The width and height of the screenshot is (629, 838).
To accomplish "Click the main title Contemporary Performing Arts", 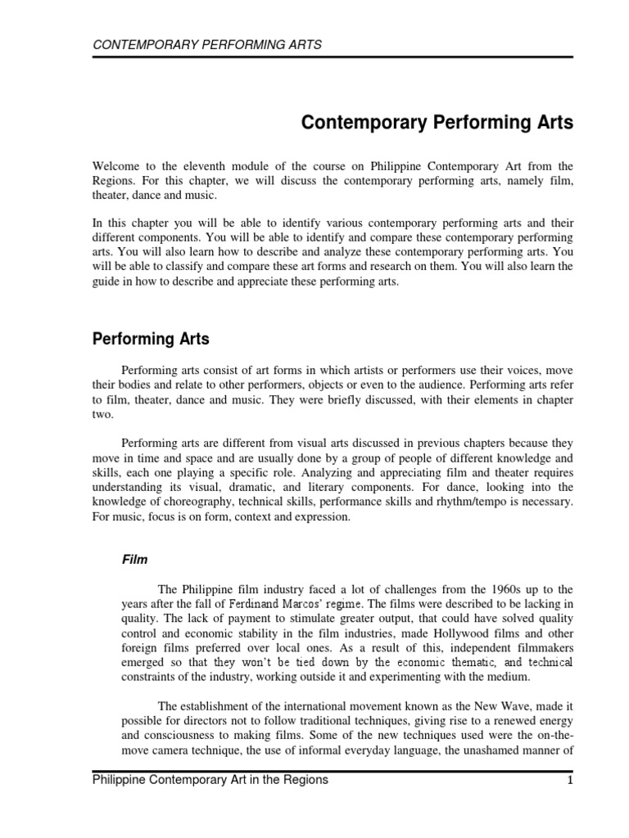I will pyautogui.click(x=438, y=124).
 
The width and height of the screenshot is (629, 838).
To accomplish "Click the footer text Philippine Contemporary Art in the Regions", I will pyautogui.click(x=210, y=780).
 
